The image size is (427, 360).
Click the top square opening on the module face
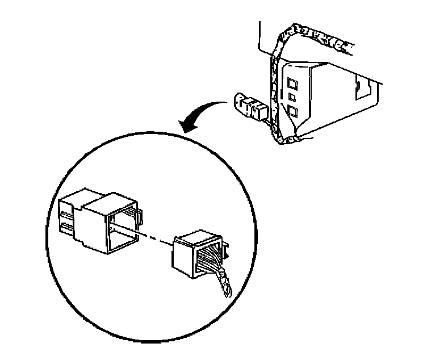point(293,72)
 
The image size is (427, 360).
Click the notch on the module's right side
point(361,86)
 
